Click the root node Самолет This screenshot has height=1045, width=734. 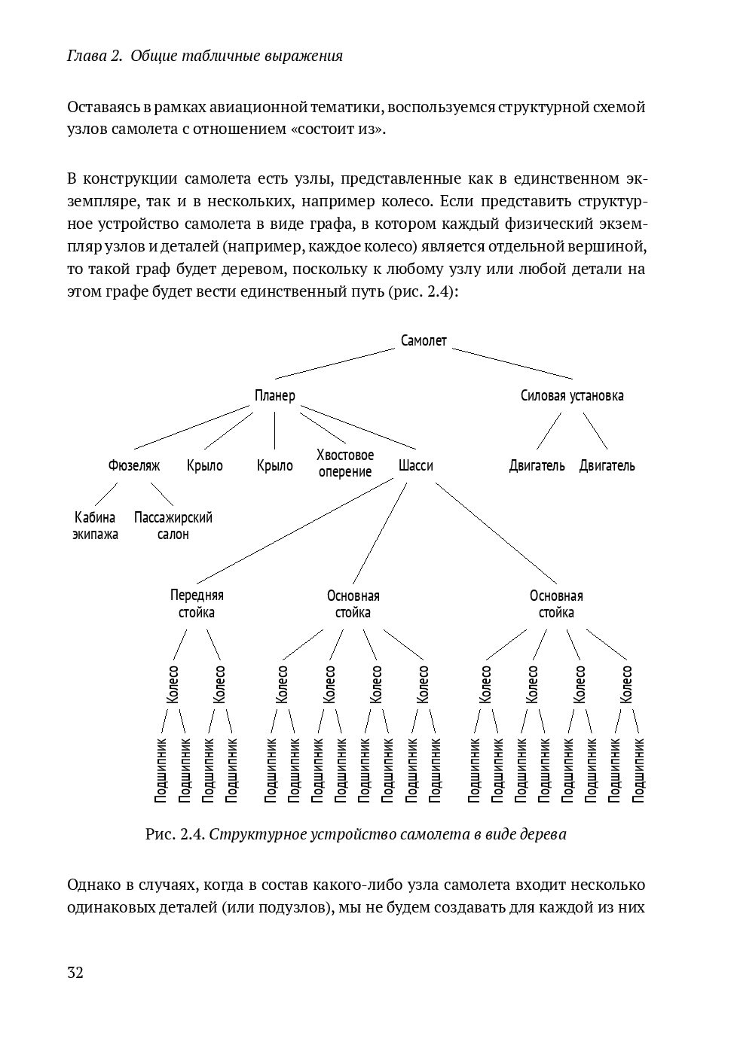(x=424, y=341)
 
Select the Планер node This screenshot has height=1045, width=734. (x=274, y=396)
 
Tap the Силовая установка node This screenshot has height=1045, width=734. (x=572, y=396)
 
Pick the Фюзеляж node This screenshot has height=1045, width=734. (x=134, y=466)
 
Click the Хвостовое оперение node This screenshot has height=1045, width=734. (x=345, y=464)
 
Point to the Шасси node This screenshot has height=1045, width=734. (x=416, y=466)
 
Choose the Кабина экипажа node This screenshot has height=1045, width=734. (x=95, y=526)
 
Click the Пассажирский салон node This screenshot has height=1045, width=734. (x=173, y=526)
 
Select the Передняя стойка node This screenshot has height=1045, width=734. (x=197, y=604)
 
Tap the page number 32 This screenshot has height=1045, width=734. (x=75, y=973)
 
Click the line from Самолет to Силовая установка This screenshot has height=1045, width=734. (x=512, y=363)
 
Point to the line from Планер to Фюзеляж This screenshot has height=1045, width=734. (x=191, y=428)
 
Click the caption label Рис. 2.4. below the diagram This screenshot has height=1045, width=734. (x=175, y=835)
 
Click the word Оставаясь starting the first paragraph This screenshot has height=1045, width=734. (x=102, y=107)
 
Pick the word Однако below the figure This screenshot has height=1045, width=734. (x=93, y=884)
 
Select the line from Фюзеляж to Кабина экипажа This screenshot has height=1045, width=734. (x=106, y=494)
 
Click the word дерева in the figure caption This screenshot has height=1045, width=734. (x=543, y=835)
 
